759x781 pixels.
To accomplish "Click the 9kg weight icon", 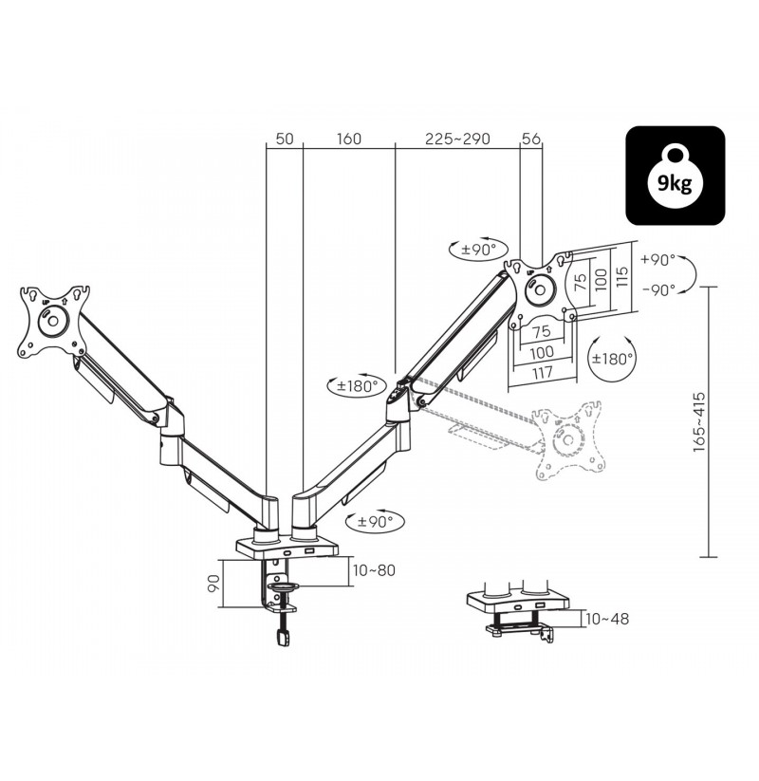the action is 675,176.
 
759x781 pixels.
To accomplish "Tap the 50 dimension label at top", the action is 285,139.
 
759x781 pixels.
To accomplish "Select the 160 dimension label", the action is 348,139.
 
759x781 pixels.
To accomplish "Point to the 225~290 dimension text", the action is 457,139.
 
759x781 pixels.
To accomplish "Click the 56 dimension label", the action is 530,139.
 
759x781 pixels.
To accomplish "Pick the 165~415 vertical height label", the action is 699,422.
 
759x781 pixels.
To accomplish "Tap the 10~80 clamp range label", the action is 374,569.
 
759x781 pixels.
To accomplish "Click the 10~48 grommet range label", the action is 607,619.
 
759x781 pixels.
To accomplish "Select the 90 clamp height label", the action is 213,583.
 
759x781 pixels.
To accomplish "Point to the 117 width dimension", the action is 542,372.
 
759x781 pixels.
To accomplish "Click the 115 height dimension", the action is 622,276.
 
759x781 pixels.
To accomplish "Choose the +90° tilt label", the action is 657,259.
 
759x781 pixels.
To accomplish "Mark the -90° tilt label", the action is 658,289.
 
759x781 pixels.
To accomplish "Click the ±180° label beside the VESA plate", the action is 612,358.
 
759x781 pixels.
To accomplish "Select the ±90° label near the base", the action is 376,522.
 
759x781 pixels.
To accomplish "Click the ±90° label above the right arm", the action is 478,249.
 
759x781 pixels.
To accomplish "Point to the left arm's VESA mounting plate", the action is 53,321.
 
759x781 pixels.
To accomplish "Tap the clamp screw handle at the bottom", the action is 283,638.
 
